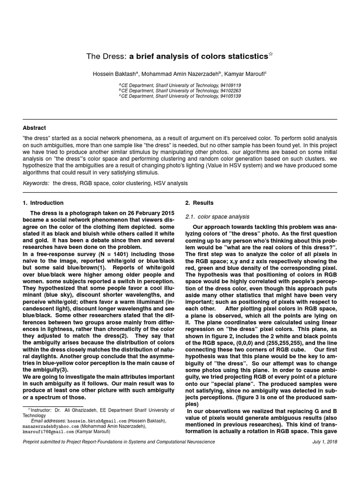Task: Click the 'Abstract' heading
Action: point(34,128)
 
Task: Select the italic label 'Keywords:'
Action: point(36,183)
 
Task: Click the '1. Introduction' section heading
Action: point(43,203)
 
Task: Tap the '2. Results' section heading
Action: point(199,203)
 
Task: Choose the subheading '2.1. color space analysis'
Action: point(217,217)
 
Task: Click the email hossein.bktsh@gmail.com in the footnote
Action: point(97,421)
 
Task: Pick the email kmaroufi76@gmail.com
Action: point(46,432)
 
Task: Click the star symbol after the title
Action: point(271,55)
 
